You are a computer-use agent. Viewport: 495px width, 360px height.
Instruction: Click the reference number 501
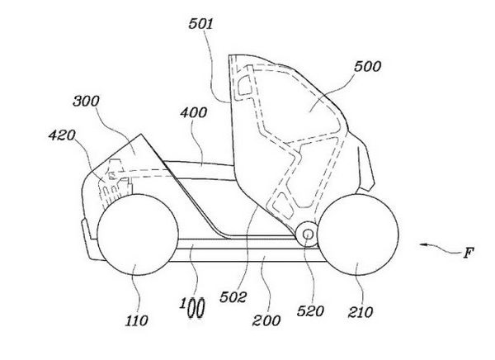[x=200, y=24]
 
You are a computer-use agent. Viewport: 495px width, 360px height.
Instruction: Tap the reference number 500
[x=367, y=66]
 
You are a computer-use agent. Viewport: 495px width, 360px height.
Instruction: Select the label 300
[x=86, y=101]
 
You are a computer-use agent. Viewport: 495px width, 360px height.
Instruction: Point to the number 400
[x=194, y=112]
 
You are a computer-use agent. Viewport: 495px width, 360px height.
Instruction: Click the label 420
[x=62, y=135]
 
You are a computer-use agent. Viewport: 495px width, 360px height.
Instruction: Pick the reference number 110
[x=136, y=320]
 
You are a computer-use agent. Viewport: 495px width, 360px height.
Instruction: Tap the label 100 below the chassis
[x=192, y=307]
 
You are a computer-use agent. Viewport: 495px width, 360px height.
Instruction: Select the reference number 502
[x=233, y=297]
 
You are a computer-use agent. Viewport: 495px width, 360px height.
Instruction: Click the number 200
[x=266, y=320]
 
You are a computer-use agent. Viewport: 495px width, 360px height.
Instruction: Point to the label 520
[x=310, y=311]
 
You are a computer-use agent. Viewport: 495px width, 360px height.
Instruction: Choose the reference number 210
[x=361, y=312]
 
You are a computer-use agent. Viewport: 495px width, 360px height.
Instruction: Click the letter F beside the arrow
[x=469, y=253]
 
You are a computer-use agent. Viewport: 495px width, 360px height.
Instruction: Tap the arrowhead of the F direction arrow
[x=423, y=244]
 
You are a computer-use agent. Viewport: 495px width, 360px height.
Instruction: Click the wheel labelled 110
[x=138, y=234]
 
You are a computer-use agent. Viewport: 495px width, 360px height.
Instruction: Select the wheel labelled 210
[x=358, y=234]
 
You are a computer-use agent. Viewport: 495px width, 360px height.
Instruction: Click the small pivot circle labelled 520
[x=308, y=234]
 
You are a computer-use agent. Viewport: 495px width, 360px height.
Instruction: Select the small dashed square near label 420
[x=111, y=175]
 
